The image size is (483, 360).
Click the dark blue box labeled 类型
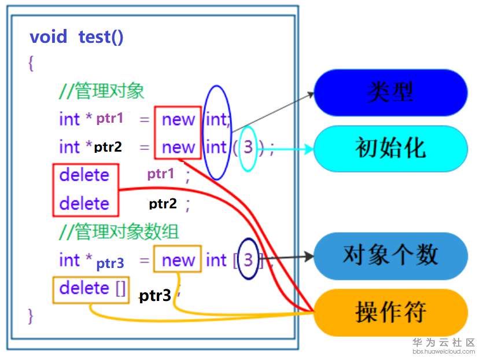390,93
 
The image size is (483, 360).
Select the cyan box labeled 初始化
390,149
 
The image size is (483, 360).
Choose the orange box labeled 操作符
390,313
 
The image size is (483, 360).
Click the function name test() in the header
101,37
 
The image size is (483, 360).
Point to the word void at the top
49,37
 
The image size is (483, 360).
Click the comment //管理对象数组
119,232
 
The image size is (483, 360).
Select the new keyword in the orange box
178,260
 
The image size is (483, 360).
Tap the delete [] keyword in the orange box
92,288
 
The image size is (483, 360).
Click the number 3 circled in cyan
248,148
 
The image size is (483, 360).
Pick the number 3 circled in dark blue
248,260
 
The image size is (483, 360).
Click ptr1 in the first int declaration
110,119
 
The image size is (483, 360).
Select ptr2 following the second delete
163,204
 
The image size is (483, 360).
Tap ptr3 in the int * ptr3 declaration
110,264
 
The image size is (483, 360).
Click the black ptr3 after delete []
155,296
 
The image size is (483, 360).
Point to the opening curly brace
31,63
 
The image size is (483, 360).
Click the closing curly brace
31,316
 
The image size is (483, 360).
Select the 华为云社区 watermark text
444,342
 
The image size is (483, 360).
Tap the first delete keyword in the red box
84,175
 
